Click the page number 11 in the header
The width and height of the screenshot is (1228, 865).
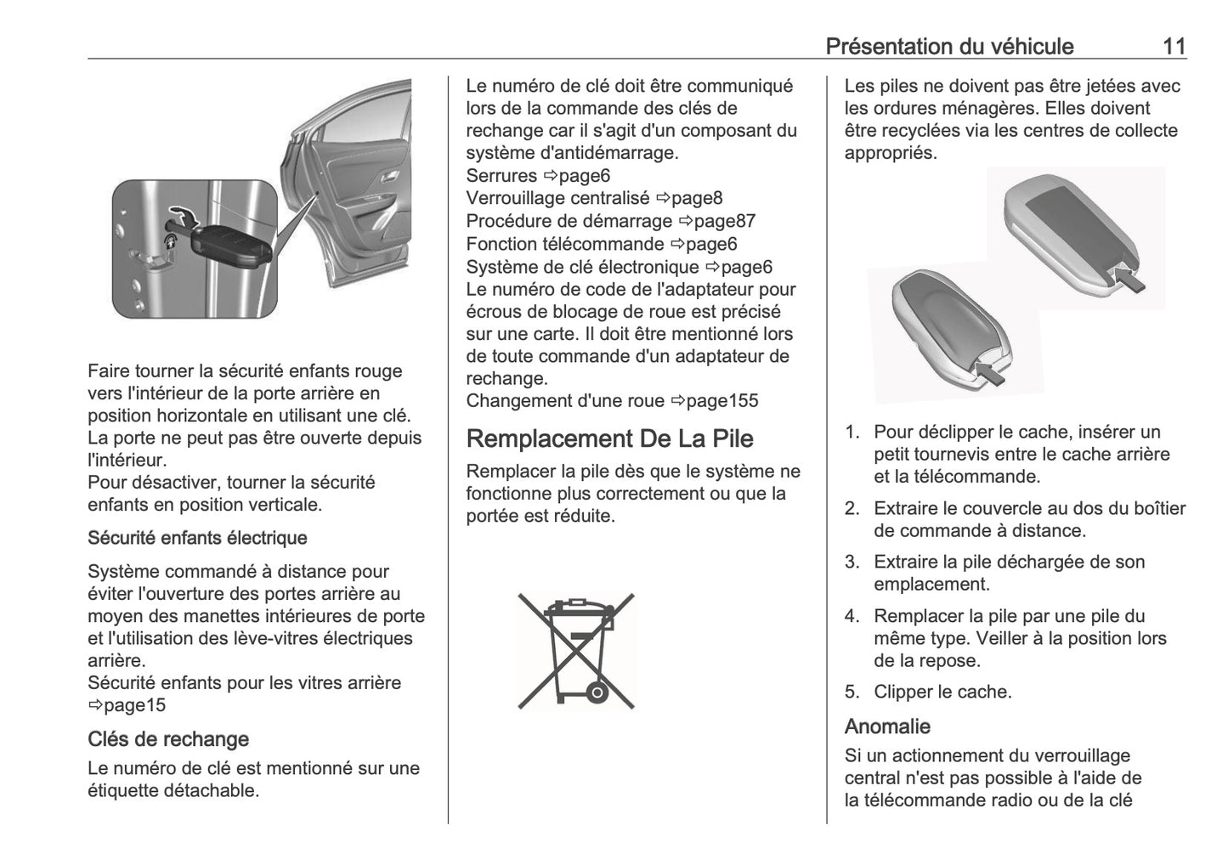click(1174, 46)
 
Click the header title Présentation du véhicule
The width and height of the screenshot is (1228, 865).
click(949, 46)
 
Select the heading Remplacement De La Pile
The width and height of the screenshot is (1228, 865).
click(609, 438)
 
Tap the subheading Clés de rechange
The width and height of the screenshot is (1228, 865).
click(167, 738)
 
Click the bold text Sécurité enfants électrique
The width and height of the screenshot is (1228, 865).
click(197, 538)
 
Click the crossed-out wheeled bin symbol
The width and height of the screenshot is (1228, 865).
click(576, 651)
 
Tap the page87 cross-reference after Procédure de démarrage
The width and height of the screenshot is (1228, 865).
click(724, 221)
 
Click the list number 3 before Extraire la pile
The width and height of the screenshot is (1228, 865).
click(852, 562)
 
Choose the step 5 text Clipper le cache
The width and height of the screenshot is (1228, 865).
click(942, 692)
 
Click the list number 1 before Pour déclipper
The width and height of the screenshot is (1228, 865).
click(852, 432)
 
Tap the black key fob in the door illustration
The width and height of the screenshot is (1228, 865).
click(229, 245)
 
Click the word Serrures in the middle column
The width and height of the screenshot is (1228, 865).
click(501, 176)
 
